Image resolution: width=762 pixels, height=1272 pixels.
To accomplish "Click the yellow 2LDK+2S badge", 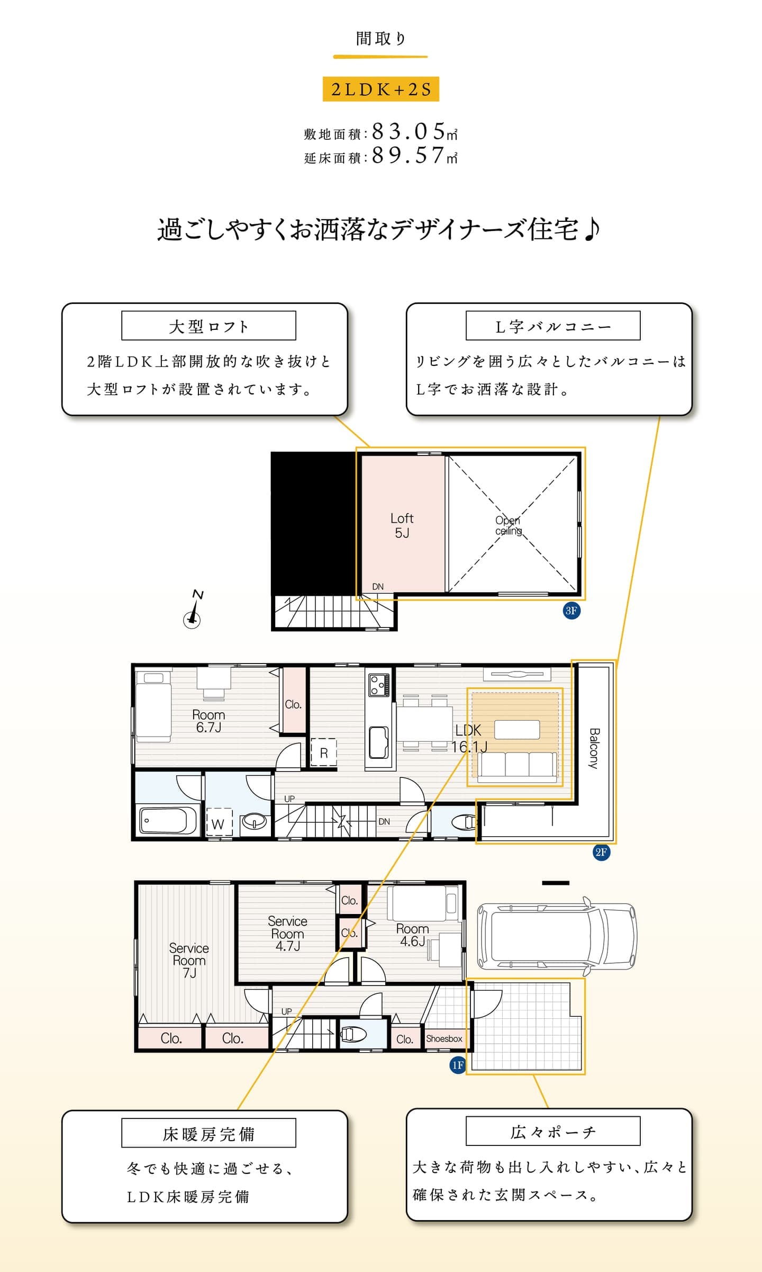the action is tap(380, 89).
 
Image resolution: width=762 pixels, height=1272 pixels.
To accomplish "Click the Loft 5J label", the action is tap(402, 525).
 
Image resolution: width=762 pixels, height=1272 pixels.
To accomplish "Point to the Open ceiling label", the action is tap(508, 525).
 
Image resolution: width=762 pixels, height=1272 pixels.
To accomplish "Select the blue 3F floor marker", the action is tap(571, 611).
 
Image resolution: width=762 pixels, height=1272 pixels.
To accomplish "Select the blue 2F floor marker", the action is tap(601, 852).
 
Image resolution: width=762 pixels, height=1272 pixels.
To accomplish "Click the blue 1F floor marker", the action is tap(458, 1065).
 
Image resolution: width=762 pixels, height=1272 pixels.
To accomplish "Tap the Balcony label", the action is tap(594, 748).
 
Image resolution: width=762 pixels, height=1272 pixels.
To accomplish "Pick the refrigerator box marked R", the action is tap(323, 753).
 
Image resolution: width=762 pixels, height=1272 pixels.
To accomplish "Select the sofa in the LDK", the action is tap(518, 766).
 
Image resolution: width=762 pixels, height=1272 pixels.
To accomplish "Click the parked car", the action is tap(557, 937).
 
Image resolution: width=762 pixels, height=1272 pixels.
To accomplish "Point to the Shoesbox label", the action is tap(444, 1038).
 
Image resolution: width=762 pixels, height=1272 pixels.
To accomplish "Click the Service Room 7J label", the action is tap(189, 960).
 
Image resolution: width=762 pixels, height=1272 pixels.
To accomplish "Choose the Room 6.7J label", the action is tap(208, 721).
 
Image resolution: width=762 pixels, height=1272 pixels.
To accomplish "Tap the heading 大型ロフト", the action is tap(208, 326).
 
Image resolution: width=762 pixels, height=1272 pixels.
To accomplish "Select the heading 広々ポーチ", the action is tap(553, 1132).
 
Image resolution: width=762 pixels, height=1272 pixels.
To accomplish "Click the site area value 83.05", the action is tap(409, 130).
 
